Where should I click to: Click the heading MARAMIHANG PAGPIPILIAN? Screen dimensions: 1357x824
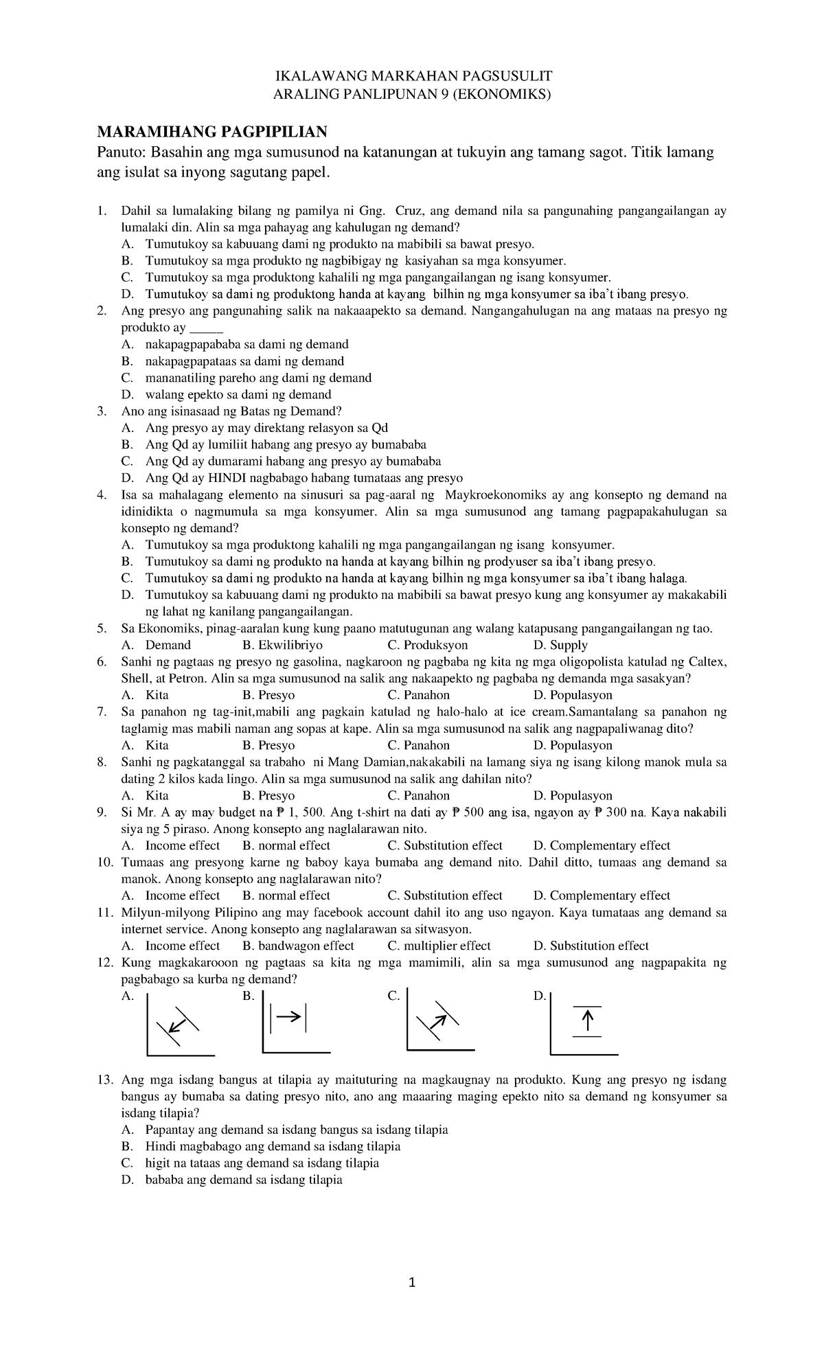[x=211, y=131]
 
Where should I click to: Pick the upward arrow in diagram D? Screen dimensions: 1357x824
[x=587, y=1022]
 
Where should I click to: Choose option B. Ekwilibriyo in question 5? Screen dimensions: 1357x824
[x=283, y=645]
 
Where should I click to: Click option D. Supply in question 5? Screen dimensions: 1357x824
[x=560, y=645]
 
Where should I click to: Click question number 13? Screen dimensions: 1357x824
[x=104, y=1080]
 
